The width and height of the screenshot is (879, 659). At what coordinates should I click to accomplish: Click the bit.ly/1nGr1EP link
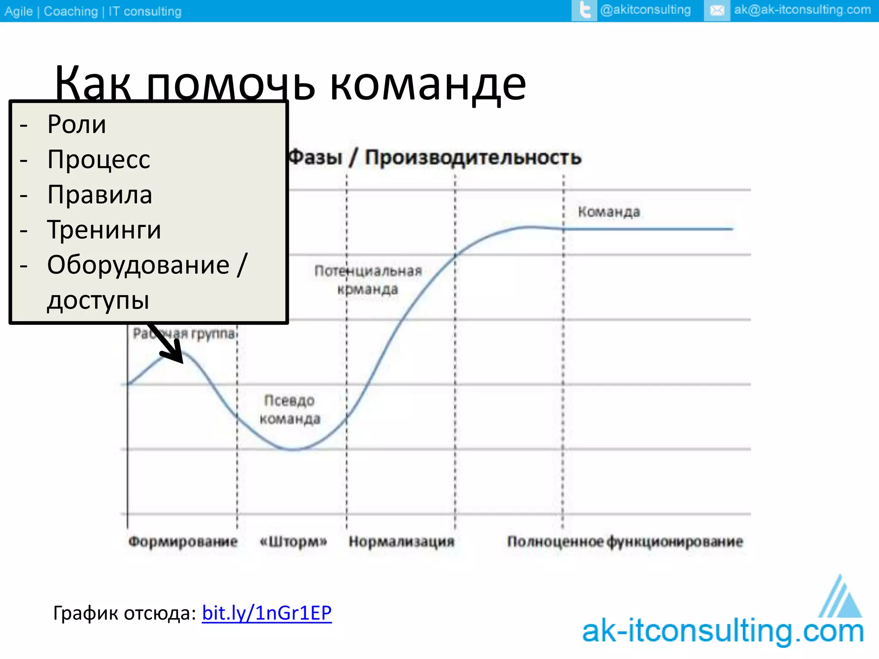267,613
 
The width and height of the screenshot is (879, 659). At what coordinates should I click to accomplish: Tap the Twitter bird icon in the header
584,10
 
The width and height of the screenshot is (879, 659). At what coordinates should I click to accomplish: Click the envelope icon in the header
717,11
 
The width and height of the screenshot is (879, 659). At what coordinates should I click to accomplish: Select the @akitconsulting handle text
645,10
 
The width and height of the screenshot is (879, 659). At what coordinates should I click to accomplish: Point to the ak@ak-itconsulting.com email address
802,10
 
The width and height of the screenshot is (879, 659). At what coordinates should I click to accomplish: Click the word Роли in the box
76,124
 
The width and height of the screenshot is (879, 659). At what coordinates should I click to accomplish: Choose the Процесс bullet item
99,160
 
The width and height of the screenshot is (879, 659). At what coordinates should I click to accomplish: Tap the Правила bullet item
100,195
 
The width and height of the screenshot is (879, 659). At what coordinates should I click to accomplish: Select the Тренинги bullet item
104,230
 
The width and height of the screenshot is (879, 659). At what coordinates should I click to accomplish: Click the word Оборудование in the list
138,265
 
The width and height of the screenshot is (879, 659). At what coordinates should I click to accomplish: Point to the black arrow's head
176,354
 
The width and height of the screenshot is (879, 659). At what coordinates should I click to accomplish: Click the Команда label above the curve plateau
609,212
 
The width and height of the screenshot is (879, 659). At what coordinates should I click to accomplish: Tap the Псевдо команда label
290,410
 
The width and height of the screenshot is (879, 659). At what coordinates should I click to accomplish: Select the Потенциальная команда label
368,280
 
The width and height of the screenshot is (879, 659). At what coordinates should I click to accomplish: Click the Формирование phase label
183,541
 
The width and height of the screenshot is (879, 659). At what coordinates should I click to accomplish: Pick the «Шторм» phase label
294,541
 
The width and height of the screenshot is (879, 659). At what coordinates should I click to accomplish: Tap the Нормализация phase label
401,541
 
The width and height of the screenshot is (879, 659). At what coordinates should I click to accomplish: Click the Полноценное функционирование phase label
625,541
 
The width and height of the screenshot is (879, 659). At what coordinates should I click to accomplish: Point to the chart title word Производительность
473,157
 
